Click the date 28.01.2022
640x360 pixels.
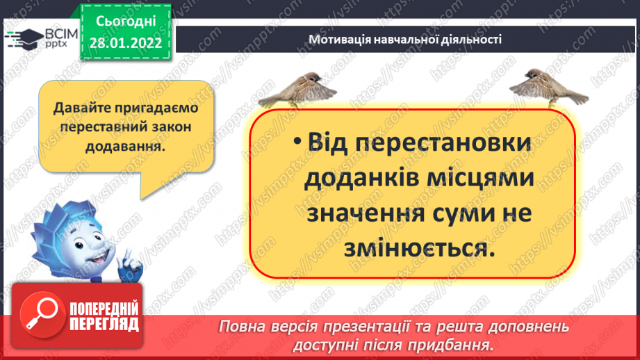coord(126,42)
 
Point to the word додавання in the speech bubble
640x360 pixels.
coord(125,147)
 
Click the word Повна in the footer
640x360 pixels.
coord(242,327)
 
